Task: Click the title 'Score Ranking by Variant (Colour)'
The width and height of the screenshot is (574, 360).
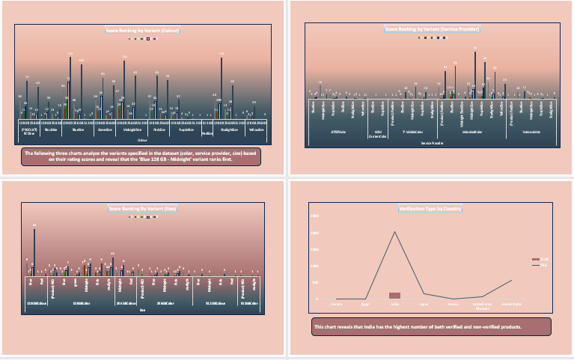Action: [x=143, y=31]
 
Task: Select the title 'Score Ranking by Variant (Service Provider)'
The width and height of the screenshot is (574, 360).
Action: [x=432, y=29]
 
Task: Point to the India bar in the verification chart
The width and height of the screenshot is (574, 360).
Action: [x=394, y=296]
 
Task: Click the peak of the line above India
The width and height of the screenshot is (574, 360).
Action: [x=394, y=232]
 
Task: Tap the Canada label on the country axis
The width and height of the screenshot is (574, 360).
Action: [x=337, y=305]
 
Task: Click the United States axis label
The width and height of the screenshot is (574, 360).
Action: [x=511, y=305]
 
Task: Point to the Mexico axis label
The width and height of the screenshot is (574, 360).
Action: [x=453, y=305]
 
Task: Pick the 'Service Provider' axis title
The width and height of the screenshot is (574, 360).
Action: [x=431, y=142]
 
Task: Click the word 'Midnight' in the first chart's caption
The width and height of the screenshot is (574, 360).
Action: [x=186, y=159]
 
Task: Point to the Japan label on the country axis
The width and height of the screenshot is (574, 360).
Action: [x=424, y=305]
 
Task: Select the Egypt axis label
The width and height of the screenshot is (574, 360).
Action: [x=366, y=305]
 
